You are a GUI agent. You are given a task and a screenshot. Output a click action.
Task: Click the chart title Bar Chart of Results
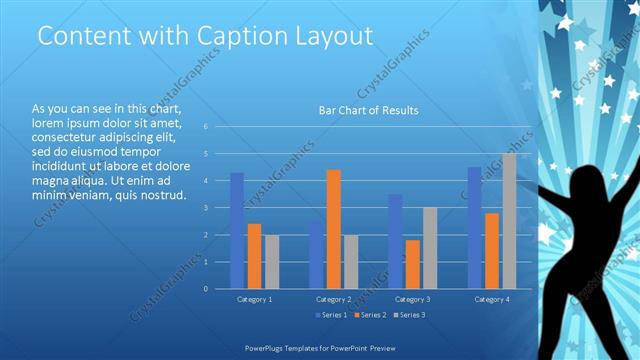[368, 110]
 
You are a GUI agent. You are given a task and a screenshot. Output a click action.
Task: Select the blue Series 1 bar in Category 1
[237, 231]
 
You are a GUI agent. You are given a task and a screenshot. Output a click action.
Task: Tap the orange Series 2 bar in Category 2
[333, 229]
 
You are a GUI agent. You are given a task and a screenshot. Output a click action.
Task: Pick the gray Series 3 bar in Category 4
[509, 221]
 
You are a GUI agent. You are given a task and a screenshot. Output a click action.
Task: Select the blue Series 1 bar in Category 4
[474, 228]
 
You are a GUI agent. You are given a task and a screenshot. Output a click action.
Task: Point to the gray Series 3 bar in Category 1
[272, 262]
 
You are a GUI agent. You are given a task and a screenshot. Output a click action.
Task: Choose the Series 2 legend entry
[369, 316]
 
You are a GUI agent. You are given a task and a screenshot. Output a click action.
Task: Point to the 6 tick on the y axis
[205, 127]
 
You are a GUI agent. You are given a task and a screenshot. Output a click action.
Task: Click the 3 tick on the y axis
[205, 208]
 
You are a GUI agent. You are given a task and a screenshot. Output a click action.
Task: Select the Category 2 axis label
[333, 299]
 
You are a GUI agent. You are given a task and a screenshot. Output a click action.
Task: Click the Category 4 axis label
[491, 299]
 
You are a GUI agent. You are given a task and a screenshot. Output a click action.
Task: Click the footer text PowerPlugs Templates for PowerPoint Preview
[319, 348]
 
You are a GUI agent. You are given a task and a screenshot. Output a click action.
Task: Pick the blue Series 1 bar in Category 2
[316, 255]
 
